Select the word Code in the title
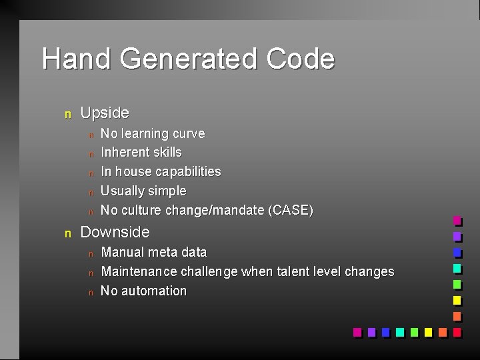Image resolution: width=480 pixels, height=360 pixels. point(300,59)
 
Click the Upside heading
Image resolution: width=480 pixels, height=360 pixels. point(105,113)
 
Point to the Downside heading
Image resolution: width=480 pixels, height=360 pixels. point(115,232)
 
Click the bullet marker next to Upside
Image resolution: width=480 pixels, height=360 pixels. point(67,115)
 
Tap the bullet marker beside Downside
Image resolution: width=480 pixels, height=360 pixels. point(67,233)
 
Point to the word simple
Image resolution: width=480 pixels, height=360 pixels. point(167,191)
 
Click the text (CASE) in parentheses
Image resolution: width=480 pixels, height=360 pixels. point(290,210)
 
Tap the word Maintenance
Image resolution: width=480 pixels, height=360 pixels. point(138,271)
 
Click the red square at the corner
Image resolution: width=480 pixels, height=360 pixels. point(457,331)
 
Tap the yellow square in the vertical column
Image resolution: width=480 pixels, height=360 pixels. point(457,300)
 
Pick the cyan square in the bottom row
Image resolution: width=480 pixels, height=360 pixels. point(399,331)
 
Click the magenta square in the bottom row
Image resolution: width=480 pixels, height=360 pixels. point(357,331)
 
